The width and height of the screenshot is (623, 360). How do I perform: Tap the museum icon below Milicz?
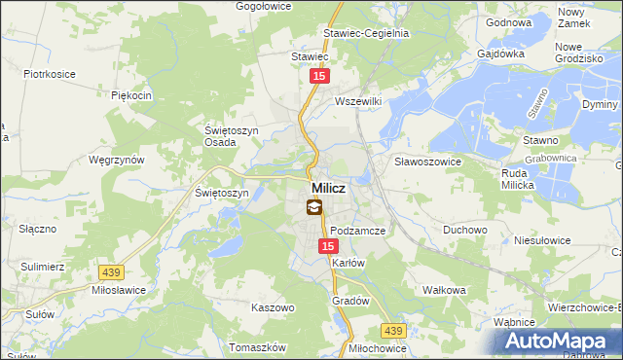click(x=313, y=206)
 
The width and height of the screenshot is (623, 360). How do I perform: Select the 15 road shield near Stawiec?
click(x=319, y=75)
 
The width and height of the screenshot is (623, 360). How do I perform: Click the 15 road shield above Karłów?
click(x=328, y=247)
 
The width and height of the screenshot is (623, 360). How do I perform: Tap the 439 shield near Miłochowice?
click(x=392, y=331)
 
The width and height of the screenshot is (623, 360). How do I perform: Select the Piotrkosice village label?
click(x=51, y=74)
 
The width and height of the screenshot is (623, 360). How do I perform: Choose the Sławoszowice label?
click(x=426, y=161)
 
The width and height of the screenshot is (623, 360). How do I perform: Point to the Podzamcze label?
click(x=358, y=231)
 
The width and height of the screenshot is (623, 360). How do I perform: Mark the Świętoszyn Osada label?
click(x=221, y=135)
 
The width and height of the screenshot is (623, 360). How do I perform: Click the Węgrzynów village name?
click(x=116, y=160)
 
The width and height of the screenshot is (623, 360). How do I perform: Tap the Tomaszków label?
click(x=256, y=347)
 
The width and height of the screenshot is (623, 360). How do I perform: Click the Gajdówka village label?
click(x=501, y=54)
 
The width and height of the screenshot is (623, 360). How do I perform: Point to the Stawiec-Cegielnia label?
click(x=366, y=32)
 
